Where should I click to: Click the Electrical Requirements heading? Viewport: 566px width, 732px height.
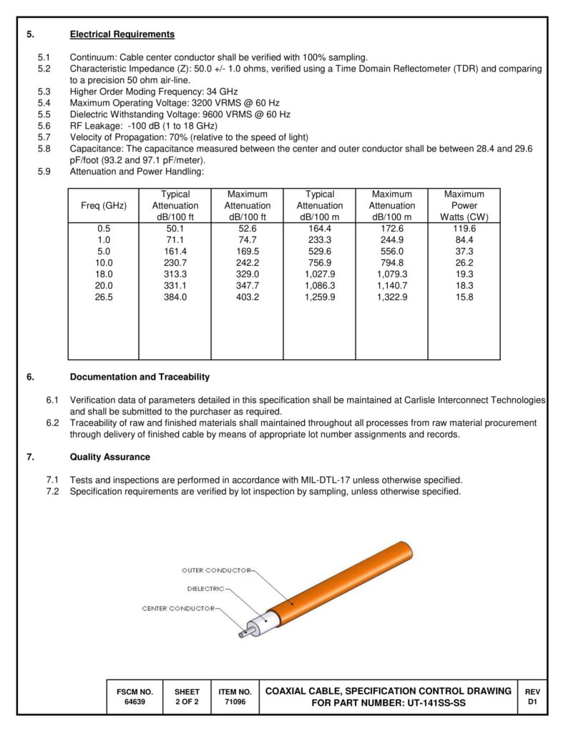point(122,34)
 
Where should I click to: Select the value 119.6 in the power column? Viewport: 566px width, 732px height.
point(464,229)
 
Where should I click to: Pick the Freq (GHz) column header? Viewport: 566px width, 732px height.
point(104,206)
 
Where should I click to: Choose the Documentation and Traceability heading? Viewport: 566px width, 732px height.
point(140,377)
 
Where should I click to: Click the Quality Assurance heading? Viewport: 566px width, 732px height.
point(109,457)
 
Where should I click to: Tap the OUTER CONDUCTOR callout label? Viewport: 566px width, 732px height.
point(215,570)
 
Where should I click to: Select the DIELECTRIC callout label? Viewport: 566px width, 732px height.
point(205,589)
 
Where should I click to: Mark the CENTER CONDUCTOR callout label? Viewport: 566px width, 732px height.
point(178,608)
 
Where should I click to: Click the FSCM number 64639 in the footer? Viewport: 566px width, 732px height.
point(135,702)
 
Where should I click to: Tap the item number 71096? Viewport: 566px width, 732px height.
point(235,702)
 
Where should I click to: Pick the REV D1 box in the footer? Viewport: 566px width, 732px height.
point(532,697)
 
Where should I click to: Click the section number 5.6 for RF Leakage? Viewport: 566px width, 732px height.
point(44,125)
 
